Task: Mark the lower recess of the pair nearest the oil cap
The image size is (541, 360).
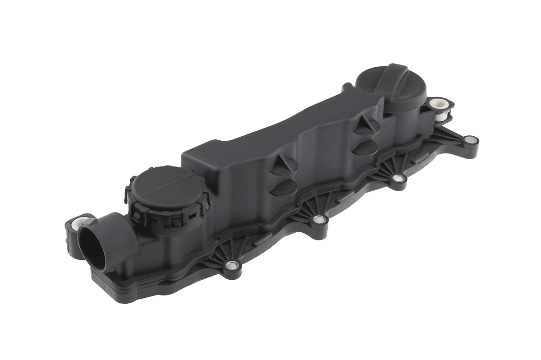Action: pos(364,147)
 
